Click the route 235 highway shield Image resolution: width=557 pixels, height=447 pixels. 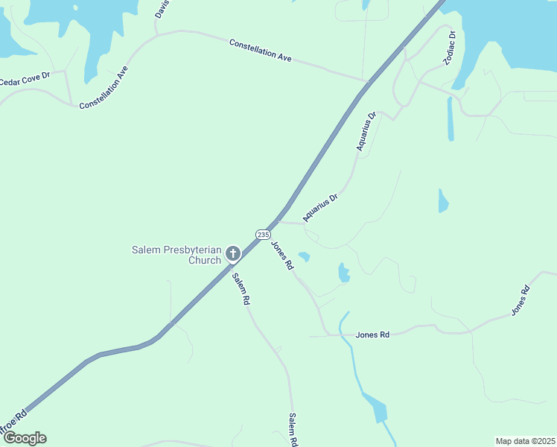[263, 234]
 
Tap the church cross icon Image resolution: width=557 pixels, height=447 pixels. [232, 254]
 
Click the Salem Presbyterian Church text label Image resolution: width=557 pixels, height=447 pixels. [177, 255]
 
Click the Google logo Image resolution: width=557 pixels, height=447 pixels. [25, 438]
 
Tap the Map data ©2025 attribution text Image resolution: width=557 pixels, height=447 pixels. [524, 441]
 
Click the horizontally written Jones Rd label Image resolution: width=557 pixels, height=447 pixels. [372, 335]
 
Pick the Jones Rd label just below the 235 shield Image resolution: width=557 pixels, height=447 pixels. [281, 256]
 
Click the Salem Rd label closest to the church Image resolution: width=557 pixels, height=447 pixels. [240, 289]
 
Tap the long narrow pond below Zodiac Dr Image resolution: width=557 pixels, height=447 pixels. [451, 119]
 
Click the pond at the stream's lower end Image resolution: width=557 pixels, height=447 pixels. [376, 410]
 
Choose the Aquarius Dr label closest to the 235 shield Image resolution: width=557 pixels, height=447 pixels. [321, 208]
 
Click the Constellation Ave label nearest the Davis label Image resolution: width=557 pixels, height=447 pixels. [260, 50]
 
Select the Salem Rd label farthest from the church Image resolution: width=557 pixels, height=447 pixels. [293, 429]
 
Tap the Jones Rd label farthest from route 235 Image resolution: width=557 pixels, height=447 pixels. [520, 300]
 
